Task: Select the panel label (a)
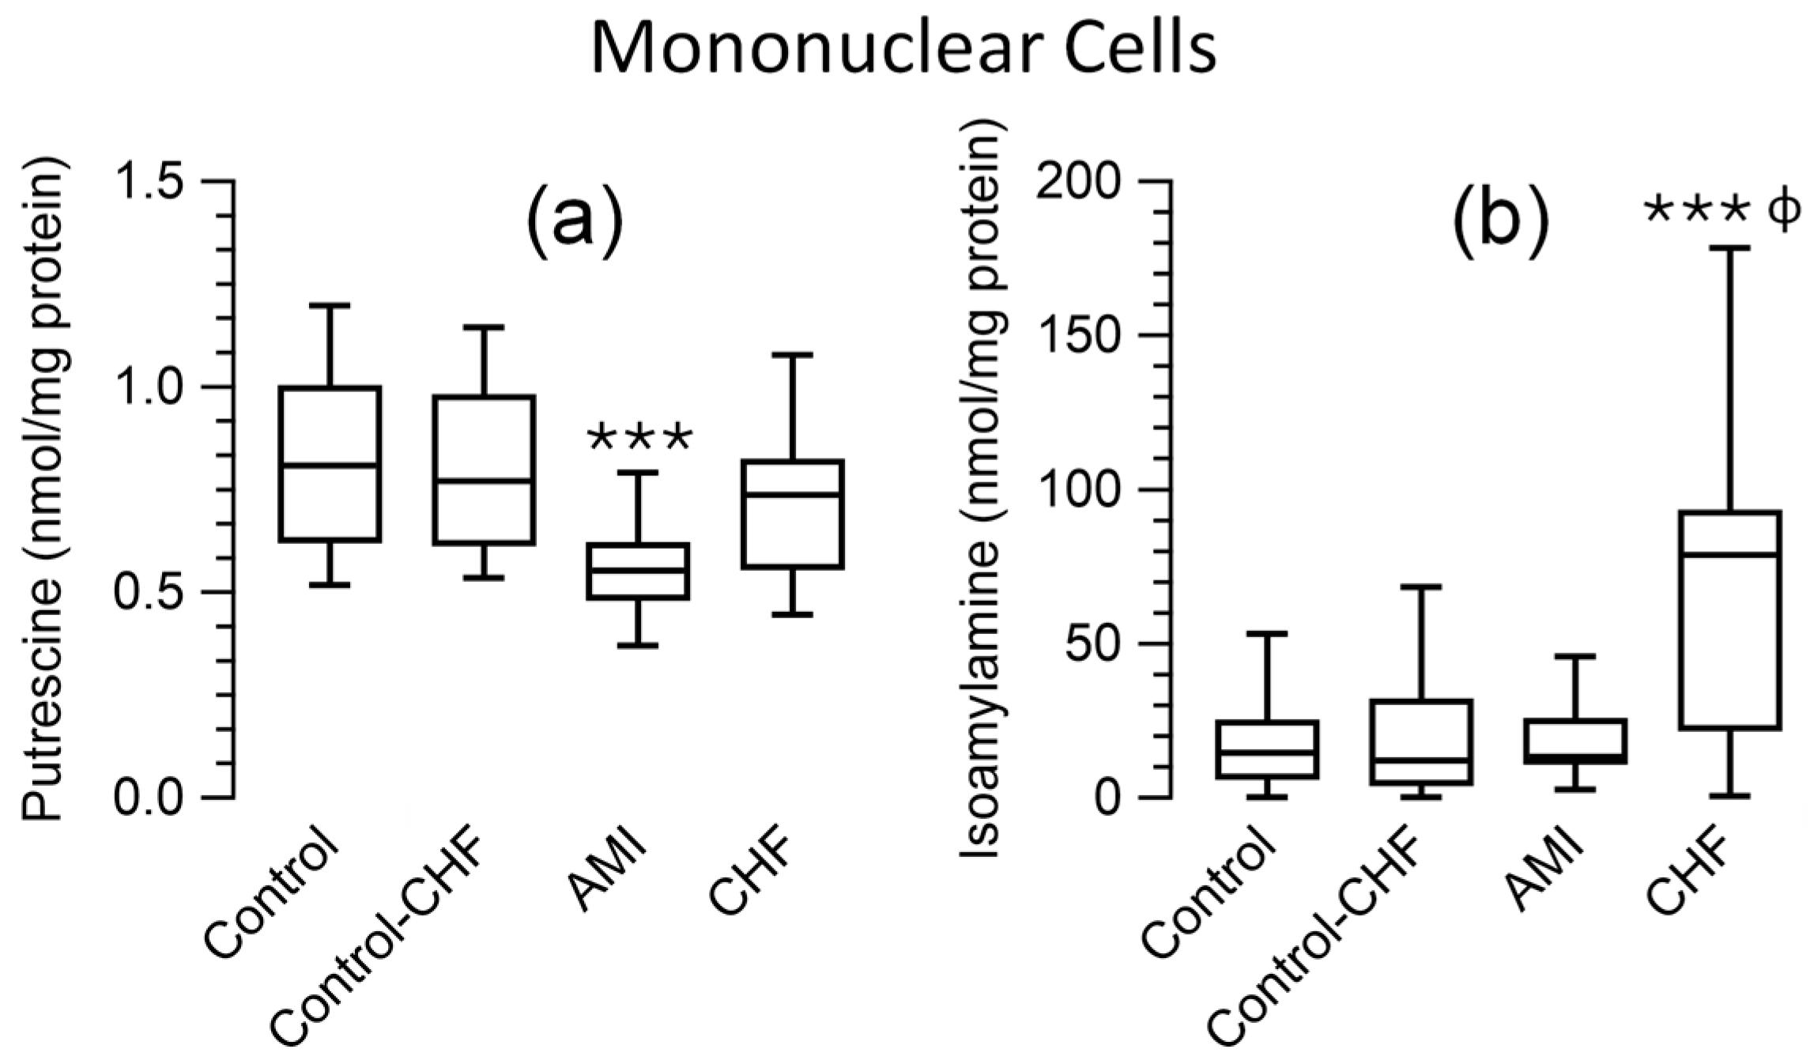tap(575, 221)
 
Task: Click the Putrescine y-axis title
tap(43, 490)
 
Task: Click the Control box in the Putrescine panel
tap(330, 464)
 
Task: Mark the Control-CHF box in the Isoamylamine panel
tap(1421, 741)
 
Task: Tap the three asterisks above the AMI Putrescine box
tap(640, 437)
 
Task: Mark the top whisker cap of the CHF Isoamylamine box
tap(1729, 248)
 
